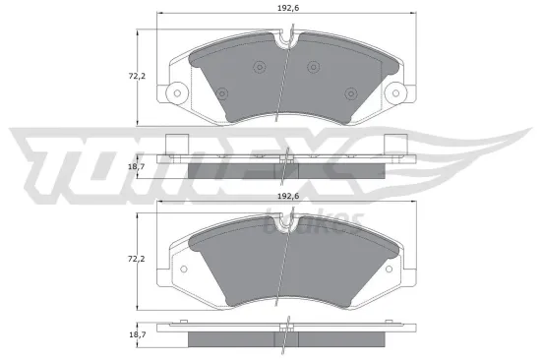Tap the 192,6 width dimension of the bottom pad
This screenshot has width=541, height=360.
tap(286, 196)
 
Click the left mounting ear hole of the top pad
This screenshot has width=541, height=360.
tap(178, 96)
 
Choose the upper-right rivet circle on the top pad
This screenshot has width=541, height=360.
tap(314, 67)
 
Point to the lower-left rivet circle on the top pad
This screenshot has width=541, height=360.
tap(222, 93)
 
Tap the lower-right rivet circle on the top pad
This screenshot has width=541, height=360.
tap(351, 93)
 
